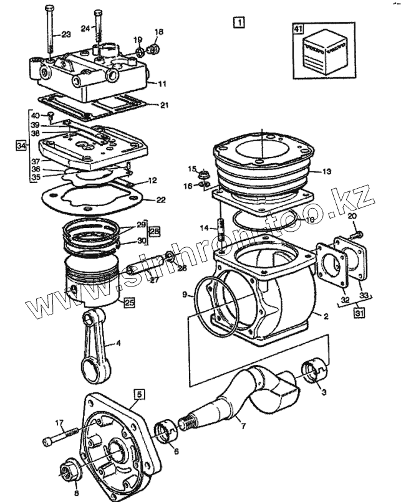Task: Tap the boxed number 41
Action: (x=298, y=29)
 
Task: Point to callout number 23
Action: (x=66, y=35)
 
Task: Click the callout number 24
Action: (x=85, y=27)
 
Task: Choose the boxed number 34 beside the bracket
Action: (x=21, y=145)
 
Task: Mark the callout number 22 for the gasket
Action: (x=161, y=200)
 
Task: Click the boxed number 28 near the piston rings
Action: (x=154, y=230)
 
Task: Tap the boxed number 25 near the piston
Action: (x=129, y=303)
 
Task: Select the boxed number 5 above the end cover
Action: (x=139, y=394)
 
